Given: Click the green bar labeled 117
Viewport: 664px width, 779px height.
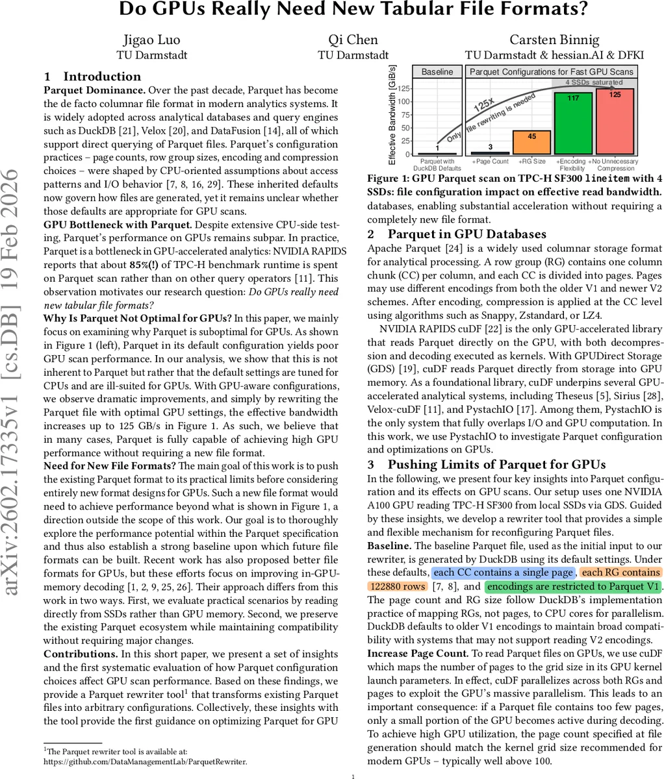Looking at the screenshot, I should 572,123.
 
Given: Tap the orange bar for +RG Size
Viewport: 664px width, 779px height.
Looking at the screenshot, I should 531,143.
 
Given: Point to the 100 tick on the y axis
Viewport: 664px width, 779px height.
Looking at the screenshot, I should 404,101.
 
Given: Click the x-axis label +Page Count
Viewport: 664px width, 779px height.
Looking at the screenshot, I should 490,161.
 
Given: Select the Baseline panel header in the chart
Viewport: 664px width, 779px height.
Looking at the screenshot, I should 437,72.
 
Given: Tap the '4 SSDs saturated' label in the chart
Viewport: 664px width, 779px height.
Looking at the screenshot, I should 594,82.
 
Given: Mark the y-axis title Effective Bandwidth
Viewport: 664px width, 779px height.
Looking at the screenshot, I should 392,114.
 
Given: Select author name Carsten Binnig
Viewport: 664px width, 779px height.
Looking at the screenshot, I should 553,39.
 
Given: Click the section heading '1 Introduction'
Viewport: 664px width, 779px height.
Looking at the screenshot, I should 92,76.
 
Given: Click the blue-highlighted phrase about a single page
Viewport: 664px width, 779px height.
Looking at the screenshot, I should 503,573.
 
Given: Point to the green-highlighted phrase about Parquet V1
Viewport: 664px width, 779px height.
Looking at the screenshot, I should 573,587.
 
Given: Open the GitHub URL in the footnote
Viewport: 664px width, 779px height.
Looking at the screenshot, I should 145,761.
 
